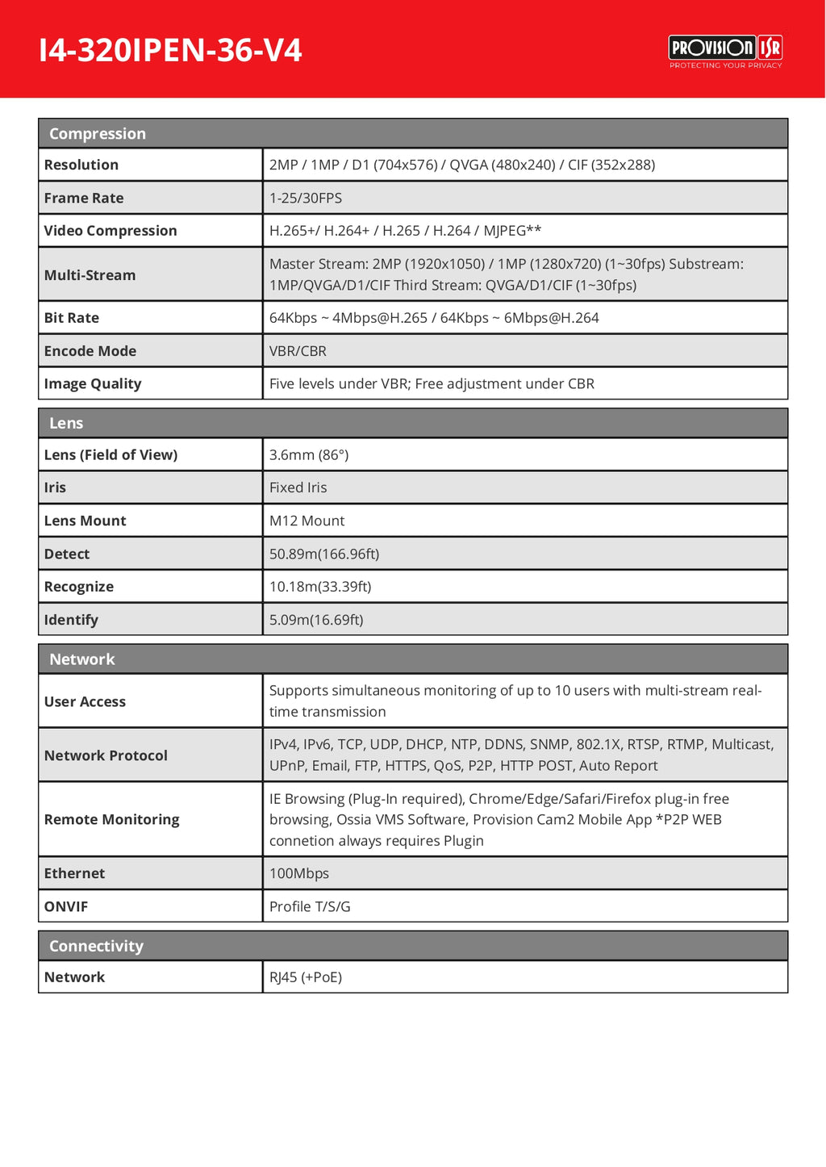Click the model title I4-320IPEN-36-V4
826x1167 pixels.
point(170,50)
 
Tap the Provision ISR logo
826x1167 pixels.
point(725,51)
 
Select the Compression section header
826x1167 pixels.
point(98,134)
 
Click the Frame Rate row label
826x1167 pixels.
point(84,198)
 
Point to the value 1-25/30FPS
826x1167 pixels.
point(306,198)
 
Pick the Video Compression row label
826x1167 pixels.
point(111,231)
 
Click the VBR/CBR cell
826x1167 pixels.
point(298,351)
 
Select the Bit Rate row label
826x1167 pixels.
point(72,318)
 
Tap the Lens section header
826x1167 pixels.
point(66,423)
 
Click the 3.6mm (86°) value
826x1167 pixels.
point(309,455)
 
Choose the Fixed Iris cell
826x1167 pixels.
point(298,487)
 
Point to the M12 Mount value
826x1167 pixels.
point(307,521)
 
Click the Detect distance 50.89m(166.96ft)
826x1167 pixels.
point(324,554)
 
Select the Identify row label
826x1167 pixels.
point(71,620)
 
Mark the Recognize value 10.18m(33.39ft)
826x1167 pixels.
point(320,587)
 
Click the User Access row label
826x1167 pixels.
point(85,701)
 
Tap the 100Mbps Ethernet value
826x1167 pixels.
point(299,873)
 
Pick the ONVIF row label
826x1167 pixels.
point(66,906)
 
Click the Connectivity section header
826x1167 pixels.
point(96,946)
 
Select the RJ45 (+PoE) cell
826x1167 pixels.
point(306,977)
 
